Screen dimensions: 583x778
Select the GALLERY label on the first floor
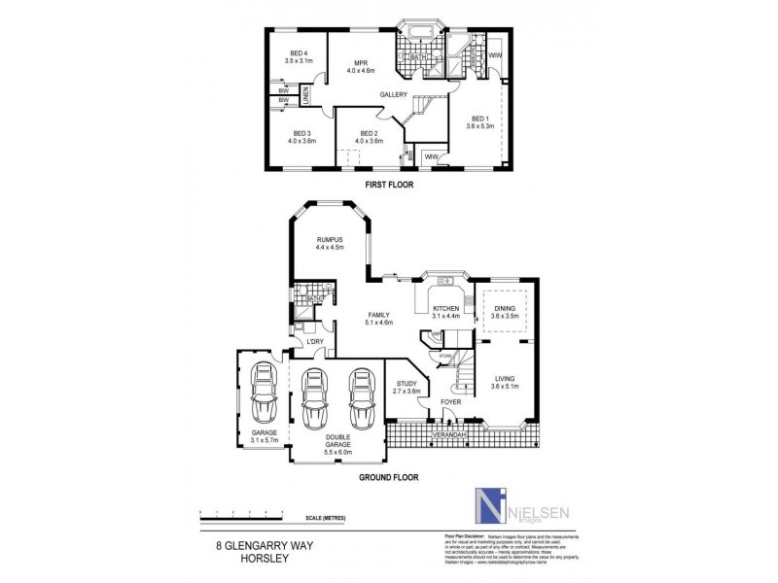coord(393,94)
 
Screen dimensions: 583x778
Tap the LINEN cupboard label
coord(304,96)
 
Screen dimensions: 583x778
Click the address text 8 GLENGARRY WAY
coord(261,546)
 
